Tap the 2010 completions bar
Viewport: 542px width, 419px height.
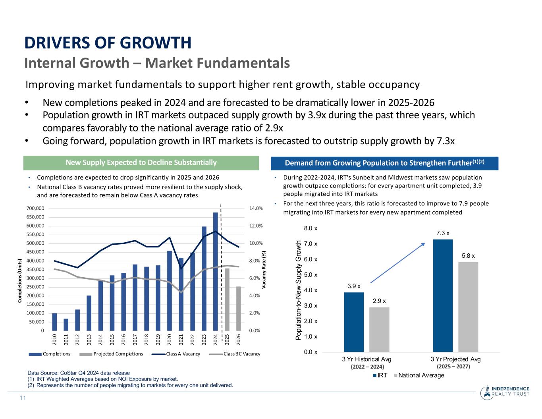tap(54, 322)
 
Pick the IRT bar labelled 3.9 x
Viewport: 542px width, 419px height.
tap(354, 322)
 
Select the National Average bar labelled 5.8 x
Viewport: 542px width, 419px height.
tap(468, 307)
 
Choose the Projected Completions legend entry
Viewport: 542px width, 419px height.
tap(111, 354)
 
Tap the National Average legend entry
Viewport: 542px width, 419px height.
tap(419, 375)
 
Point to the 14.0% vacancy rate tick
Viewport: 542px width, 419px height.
tap(256, 209)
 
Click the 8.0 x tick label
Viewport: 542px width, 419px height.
tap(311, 228)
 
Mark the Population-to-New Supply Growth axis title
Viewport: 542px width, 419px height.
tap(299, 290)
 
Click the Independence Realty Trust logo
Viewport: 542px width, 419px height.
tap(504, 392)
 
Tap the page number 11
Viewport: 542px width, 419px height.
tap(23, 398)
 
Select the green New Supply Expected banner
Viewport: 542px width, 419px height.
tap(141, 162)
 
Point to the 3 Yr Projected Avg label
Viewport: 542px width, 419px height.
tap(455, 359)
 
